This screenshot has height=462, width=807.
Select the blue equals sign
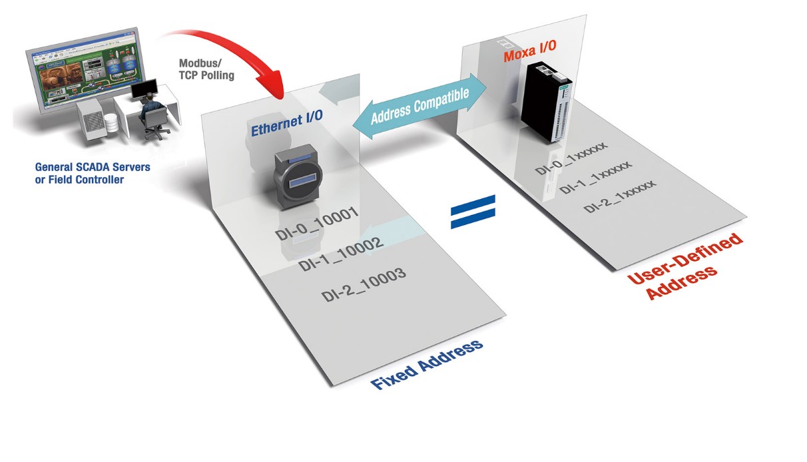pos(473,212)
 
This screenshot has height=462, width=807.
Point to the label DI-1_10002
pos(340,254)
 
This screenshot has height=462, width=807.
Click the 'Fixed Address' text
pos(426,365)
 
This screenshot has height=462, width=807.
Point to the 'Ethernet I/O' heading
pos(287,123)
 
